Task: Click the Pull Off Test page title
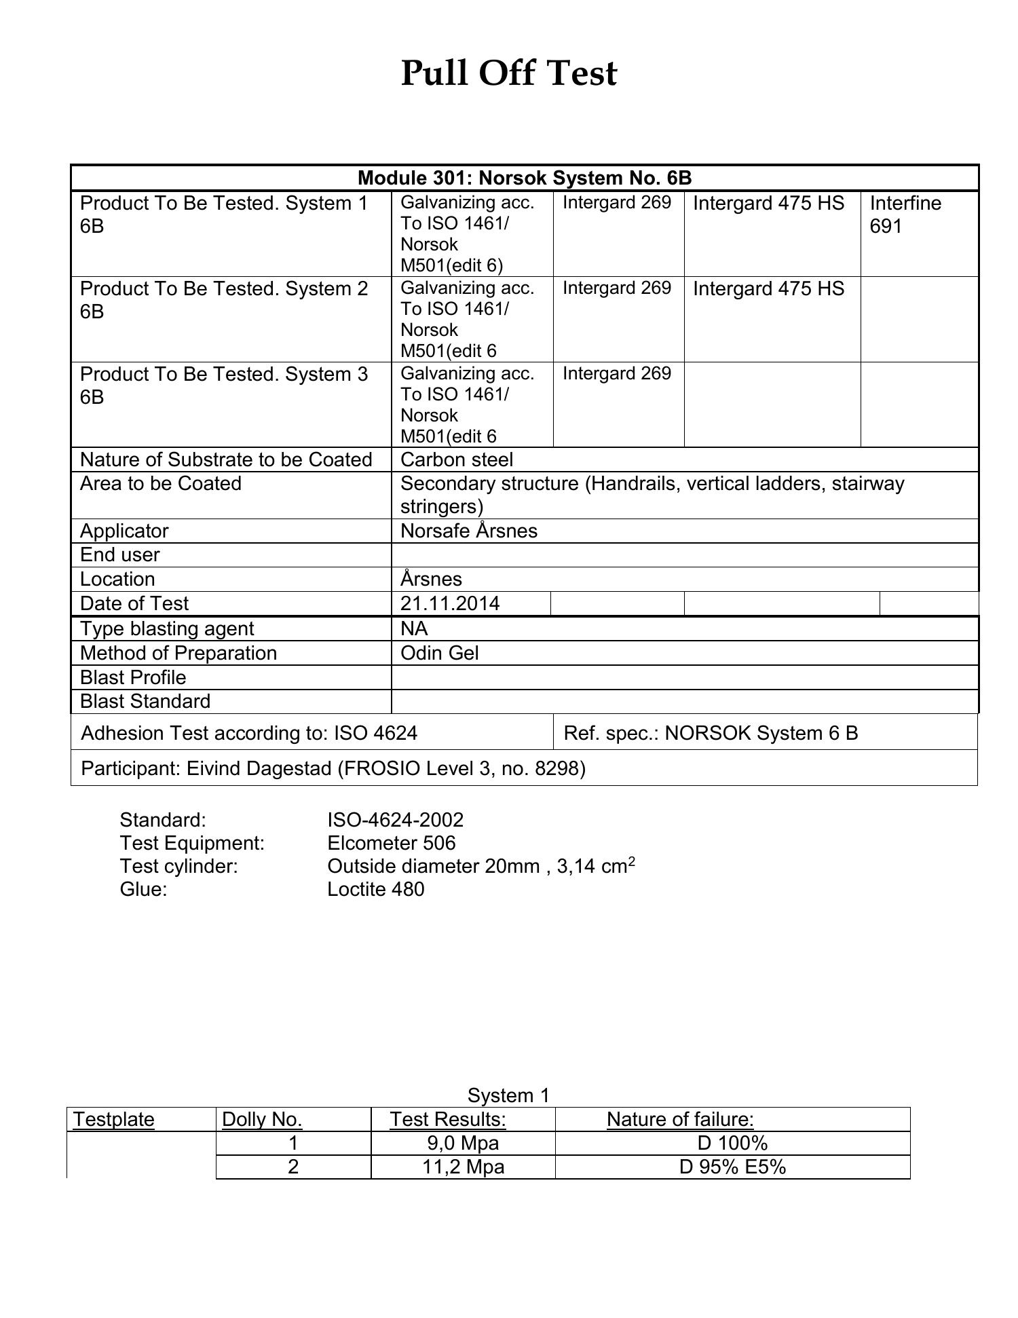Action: pos(508,73)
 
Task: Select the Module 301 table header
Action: pos(524,178)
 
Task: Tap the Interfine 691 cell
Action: pos(905,214)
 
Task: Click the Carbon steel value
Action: pos(457,460)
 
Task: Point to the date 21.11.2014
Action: pos(450,603)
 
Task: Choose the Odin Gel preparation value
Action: pos(439,653)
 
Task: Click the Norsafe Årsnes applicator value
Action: pos(469,531)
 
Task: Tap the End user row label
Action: pos(120,555)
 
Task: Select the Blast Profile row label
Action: pos(133,677)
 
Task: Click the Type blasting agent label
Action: pos(167,628)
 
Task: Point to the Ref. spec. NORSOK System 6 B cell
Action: pos(711,733)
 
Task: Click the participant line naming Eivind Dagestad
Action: pos(333,768)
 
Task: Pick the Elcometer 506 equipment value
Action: pos(392,843)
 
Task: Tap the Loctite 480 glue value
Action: pos(376,889)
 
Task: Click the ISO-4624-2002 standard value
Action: pos(396,820)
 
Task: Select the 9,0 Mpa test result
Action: pos(463,1143)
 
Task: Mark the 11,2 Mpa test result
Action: pos(463,1167)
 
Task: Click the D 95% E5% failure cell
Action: pos(732,1167)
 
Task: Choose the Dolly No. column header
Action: pos(262,1119)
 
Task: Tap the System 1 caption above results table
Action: pos(508,1095)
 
